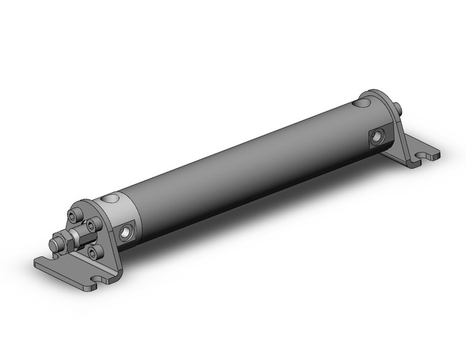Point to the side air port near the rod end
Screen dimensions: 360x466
pyautogui.click(x=126, y=231)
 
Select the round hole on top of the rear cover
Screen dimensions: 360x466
pyautogui.click(x=365, y=104)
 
